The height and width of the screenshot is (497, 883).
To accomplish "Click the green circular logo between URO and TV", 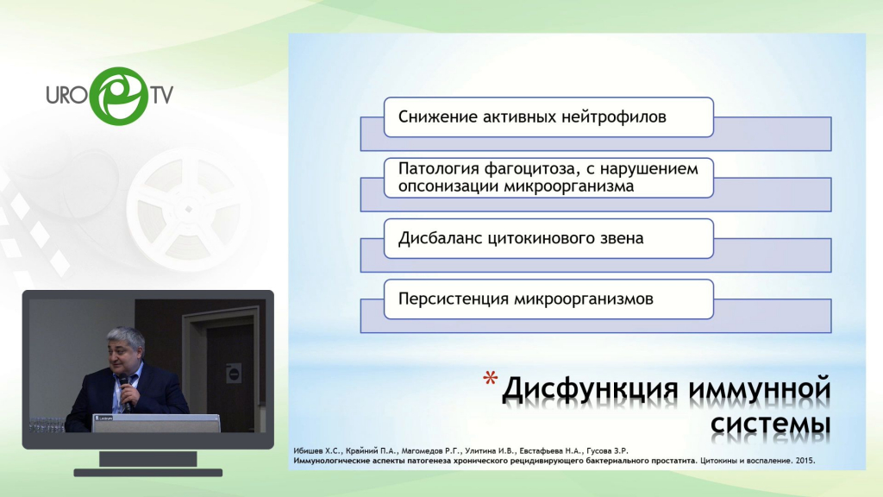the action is coord(119,96).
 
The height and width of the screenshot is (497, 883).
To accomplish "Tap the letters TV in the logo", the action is coord(161,95).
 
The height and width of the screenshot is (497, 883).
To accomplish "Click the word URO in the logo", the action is coord(67,95).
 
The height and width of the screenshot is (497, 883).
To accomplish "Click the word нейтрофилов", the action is coord(614,116).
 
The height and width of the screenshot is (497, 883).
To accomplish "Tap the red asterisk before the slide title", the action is coord(490,378).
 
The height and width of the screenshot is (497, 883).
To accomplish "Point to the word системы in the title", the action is coord(770,424).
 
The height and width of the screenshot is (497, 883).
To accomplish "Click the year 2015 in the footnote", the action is coord(805,461).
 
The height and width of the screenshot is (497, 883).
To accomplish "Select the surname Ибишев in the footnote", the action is coord(308,450).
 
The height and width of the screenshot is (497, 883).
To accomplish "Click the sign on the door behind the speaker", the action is coord(234,373).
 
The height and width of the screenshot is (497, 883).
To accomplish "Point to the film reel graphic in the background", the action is coord(189,210).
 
